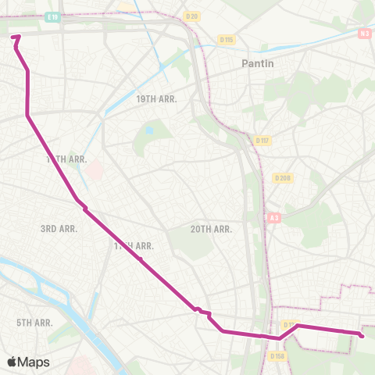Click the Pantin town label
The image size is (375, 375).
pyautogui.click(x=259, y=64)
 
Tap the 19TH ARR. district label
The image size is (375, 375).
pyautogui.click(x=157, y=99)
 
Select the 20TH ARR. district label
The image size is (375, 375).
pyautogui.click(x=212, y=229)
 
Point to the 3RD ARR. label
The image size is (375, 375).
pyautogui.click(x=58, y=229)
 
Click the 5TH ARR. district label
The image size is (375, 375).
pyautogui.click(x=34, y=322)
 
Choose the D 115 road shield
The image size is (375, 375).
pyautogui.click(x=227, y=39)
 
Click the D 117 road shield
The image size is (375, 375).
pyautogui.click(x=262, y=141)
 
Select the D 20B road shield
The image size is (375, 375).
pyautogui.click(x=282, y=178)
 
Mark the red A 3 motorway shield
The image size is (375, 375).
pyautogui.click(x=273, y=217)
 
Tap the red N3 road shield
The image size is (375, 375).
pyautogui.click(x=366, y=33)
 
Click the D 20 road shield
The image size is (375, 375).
pyautogui.click(x=191, y=16)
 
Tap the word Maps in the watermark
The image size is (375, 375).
pyautogui.click(x=34, y=362)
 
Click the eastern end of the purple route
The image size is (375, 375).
pyautogui.click(x=362, y=336)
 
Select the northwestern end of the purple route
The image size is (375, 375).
pyautogui.click(x=16, y=36)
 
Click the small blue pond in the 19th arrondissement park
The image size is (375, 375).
pyautogui.click(x=149, y=131)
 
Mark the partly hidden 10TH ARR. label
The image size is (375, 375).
pyautogui.click(x=66, y=159)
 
